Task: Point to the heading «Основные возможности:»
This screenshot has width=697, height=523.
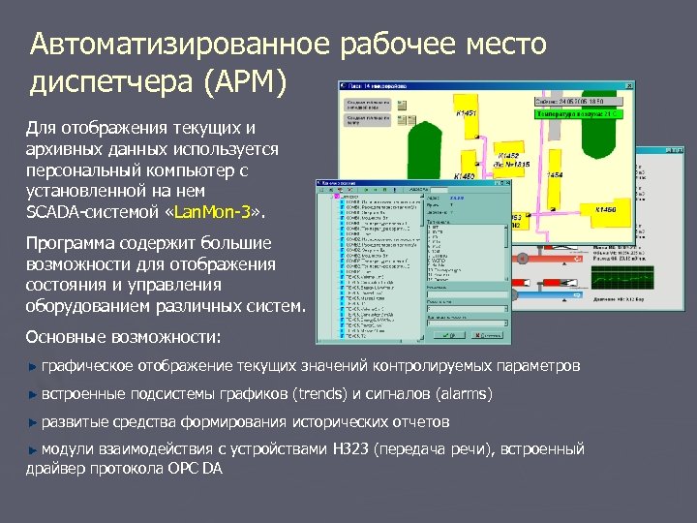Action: coord(123,337)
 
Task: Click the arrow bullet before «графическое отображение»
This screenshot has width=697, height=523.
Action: coord(33,367)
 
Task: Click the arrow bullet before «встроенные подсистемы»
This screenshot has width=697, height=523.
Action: coord(33,395)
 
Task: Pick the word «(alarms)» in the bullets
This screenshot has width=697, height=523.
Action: coord(464,394)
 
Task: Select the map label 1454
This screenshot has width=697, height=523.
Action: coord(555,175)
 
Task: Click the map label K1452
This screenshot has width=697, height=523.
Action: coord(507,155)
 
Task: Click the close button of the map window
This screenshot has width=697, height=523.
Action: coord(629,86)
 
